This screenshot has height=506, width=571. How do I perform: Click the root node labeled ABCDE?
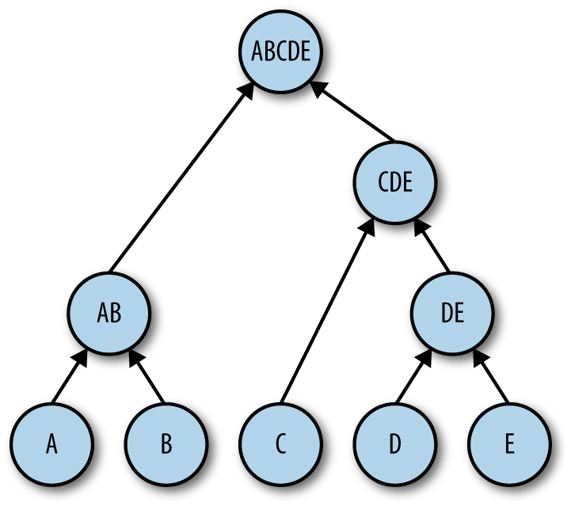(280, 51)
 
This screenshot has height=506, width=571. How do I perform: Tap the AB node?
(109, 313)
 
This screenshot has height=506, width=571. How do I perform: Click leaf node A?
(51, 443)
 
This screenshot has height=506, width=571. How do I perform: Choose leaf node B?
(166, 443)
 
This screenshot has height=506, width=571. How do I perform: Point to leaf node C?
(280, 443)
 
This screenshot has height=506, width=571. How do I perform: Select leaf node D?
(394, 443)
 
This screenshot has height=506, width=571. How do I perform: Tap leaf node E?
(508, 443)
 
